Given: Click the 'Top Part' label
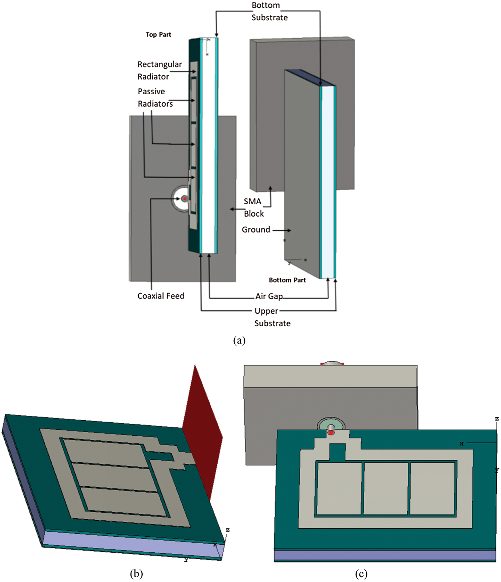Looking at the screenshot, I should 158,35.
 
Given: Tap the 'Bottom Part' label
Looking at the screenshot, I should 287,280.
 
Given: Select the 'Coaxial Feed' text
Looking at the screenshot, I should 161,296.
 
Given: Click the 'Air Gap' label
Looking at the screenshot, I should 269,296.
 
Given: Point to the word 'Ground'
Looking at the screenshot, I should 256,230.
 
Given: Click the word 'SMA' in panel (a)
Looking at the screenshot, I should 252,201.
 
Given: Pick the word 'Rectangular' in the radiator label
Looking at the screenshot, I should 160,64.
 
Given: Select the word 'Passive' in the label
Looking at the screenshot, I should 151,91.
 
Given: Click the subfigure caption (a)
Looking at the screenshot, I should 239,340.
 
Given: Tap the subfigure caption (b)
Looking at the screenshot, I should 136,573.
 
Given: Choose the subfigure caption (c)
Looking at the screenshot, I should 361,573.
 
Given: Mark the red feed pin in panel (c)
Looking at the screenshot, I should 331,433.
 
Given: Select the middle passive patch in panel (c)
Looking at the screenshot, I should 385,488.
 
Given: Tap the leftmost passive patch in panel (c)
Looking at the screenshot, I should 339,488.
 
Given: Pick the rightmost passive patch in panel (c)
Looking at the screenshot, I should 432,488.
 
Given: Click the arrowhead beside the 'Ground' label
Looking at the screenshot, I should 289,231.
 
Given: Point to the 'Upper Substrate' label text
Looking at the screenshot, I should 272,317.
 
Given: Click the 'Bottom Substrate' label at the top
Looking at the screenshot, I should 269,12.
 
